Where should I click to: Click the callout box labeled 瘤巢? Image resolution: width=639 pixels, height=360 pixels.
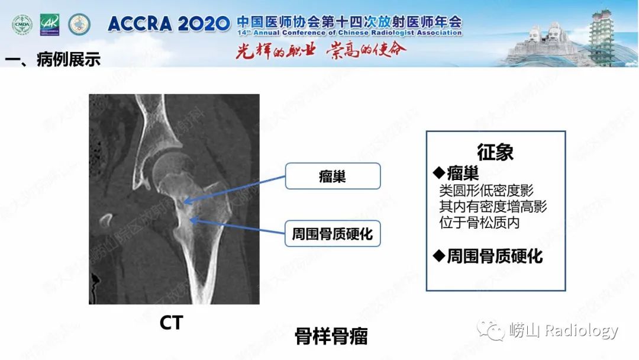(333, 176)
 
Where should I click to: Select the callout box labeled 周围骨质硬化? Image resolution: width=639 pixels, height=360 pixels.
(333, 233)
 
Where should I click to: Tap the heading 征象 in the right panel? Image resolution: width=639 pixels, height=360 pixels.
(495, 152)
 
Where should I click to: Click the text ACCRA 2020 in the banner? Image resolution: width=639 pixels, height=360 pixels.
(169, 24)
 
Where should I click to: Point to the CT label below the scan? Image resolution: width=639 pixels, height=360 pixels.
(171, 323)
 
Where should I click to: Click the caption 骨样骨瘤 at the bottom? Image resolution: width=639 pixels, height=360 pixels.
(331, 336)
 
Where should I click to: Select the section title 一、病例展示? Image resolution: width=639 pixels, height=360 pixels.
(53, 60)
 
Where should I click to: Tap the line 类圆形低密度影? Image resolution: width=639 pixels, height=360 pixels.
(486, 191)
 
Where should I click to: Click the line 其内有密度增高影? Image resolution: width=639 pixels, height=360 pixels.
(493, 207)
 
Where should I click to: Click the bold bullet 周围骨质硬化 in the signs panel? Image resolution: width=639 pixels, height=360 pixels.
(488, 256)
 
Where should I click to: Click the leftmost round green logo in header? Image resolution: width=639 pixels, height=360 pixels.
(22, 24)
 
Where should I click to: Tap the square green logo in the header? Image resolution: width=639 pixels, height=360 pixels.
(50, 24)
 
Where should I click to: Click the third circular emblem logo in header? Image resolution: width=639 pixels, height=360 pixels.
(79, 24)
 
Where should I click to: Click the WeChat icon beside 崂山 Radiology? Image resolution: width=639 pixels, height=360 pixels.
(492, 330)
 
